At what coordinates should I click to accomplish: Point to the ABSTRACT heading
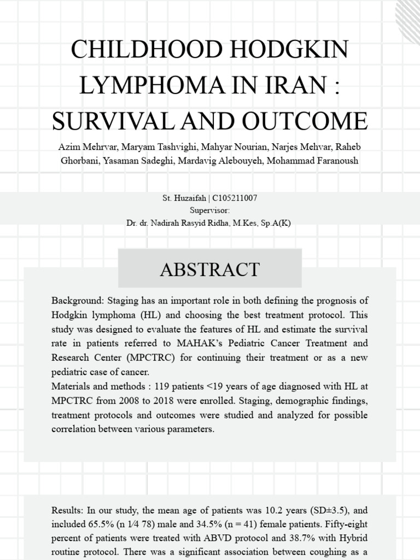[209, 269]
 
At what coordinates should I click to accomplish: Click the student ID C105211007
[231, 198]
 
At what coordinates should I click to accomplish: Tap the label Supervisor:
[209, 211]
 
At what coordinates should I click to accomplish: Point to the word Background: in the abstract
[74, 301]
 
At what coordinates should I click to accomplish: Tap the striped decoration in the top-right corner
[407, 14]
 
